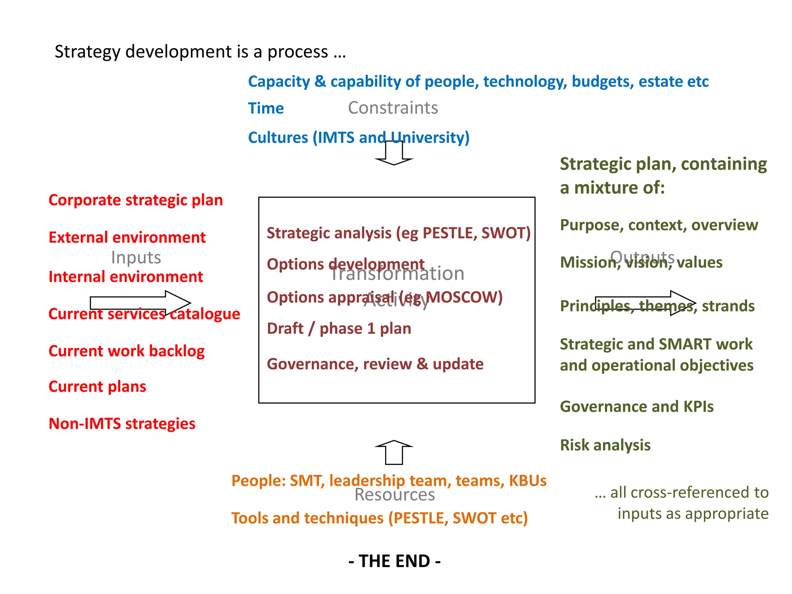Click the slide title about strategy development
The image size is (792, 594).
[x=200, y=52]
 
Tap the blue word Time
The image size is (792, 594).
[x=266, y=108]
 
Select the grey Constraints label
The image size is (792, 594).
[x=393, y=108]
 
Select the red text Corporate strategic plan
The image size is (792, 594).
[x=135, y=200]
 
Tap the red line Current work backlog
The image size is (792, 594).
[x=126, y=351]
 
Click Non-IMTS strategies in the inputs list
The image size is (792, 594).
[x=122, y=424]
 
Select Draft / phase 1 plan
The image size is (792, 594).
[x=339, y=329]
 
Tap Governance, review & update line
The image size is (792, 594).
[x=375, y=364]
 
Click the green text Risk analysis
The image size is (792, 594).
[x=605, y=445]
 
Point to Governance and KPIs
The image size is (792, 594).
[x=637, y=407]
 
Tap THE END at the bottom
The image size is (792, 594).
[x=394, y=561]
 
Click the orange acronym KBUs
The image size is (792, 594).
[x=527, y=481]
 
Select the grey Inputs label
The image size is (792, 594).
[x=136, y=258]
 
